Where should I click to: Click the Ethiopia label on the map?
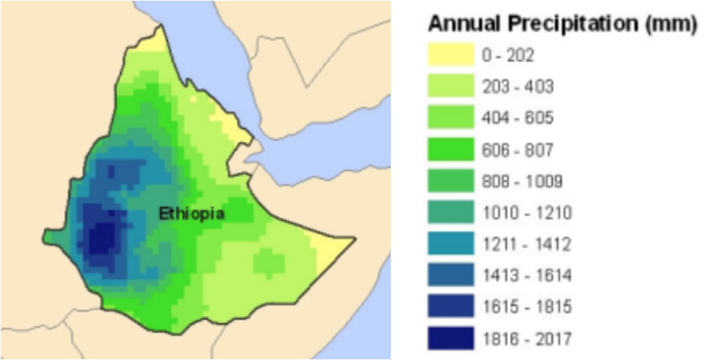[192, 214]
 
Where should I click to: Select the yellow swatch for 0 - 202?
[450, 55]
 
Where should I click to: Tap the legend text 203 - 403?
[517, 87]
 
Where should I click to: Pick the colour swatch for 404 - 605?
[450, 118]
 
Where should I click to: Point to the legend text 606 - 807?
[517, 150]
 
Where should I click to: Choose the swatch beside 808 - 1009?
[450, 181]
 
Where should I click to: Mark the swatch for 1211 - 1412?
[450, 245]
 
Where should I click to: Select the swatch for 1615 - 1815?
[450, 308]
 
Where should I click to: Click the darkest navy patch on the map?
[101, 237]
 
